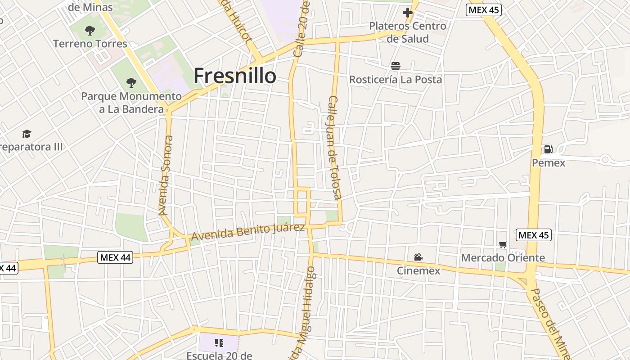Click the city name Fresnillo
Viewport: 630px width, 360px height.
point(234,76)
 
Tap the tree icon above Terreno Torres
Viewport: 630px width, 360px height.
point(90,31)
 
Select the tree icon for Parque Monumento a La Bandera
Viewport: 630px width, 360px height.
point(131,83)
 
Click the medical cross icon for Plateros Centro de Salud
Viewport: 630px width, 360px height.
point(408,13)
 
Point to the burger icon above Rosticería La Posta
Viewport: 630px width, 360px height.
point(396,67)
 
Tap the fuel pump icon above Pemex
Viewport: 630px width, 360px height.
point(548,149)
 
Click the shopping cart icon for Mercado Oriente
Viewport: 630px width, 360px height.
point(503,244)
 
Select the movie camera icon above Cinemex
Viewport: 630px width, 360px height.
point(418,257)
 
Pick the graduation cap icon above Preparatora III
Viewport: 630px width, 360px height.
point(27,134)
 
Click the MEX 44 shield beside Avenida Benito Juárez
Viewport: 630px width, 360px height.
point(115,257)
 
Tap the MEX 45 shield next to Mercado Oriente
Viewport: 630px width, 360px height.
point(533,235)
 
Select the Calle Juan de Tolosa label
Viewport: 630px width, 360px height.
point(335,147)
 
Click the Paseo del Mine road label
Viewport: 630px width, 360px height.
point(550,322)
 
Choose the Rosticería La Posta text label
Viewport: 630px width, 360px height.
point(396,80)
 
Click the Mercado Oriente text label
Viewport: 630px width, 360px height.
point(503,258)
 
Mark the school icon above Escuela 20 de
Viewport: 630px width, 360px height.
point(219,343)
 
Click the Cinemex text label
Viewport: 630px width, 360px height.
point(418,270)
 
